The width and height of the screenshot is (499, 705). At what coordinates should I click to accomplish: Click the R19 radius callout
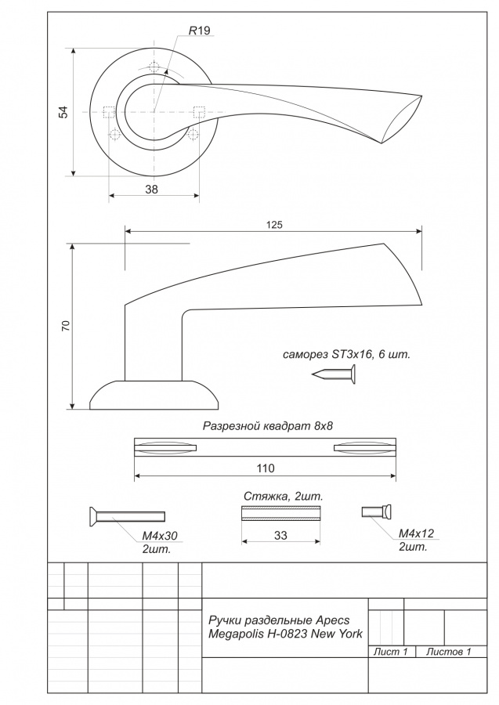[199, 31]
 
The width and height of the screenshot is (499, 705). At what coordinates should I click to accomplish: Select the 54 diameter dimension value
[63, 112]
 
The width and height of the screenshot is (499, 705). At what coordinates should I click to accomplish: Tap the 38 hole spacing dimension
[151, 190]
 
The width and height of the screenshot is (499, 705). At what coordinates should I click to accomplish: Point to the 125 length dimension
[274, 224]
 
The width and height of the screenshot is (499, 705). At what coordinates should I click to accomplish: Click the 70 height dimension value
[66, 326]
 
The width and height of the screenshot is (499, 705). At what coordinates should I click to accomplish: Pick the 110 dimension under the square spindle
[266, 468]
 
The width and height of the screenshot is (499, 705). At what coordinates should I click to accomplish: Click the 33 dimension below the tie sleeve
[280, 536]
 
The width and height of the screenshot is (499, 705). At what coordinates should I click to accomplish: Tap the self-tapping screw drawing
[334, 374]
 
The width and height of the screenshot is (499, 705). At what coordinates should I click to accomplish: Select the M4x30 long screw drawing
[128, 516]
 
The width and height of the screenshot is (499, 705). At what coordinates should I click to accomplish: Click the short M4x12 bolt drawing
[376, 512]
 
